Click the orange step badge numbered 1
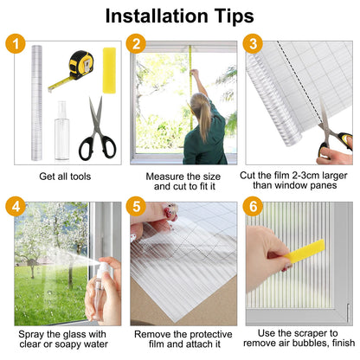click(16, 44)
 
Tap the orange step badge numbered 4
click(16, 206)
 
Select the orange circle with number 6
click(253, 206)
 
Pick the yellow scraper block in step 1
click(109, 70)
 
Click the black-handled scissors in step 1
click(98, 129)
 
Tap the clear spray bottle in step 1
click(62, 131)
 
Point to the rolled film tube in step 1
click(36, 103)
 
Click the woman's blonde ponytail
click(202, 115)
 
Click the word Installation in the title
click(157, 16)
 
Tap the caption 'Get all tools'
click(65, 177)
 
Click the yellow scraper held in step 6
click(304, 251)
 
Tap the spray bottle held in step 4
click(100, 289)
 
